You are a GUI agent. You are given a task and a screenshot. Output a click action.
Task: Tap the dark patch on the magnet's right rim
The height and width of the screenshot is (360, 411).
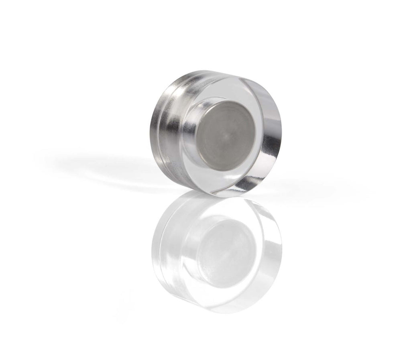[x=273, y=132]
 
